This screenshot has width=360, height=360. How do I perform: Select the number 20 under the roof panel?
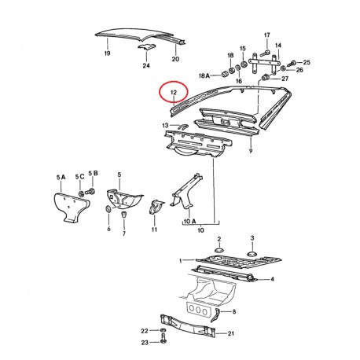click(x=175, y=60)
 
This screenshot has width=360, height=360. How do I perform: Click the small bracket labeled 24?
click(x=146, y=48)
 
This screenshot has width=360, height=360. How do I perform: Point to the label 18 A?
click(x=204, y=76)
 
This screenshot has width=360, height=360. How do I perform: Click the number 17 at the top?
click(x=266, y=35)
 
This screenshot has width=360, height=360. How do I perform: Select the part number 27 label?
click(x=285, y=79)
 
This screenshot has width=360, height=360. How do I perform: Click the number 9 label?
click(x=250, y=150)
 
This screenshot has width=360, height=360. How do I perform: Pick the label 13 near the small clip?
click(x=165, y=125)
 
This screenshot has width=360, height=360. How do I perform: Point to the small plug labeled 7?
click(x=123, y=217)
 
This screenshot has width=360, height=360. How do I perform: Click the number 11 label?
click(x=154, y=230)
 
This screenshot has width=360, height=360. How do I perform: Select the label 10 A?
click(x=188, y=222)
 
